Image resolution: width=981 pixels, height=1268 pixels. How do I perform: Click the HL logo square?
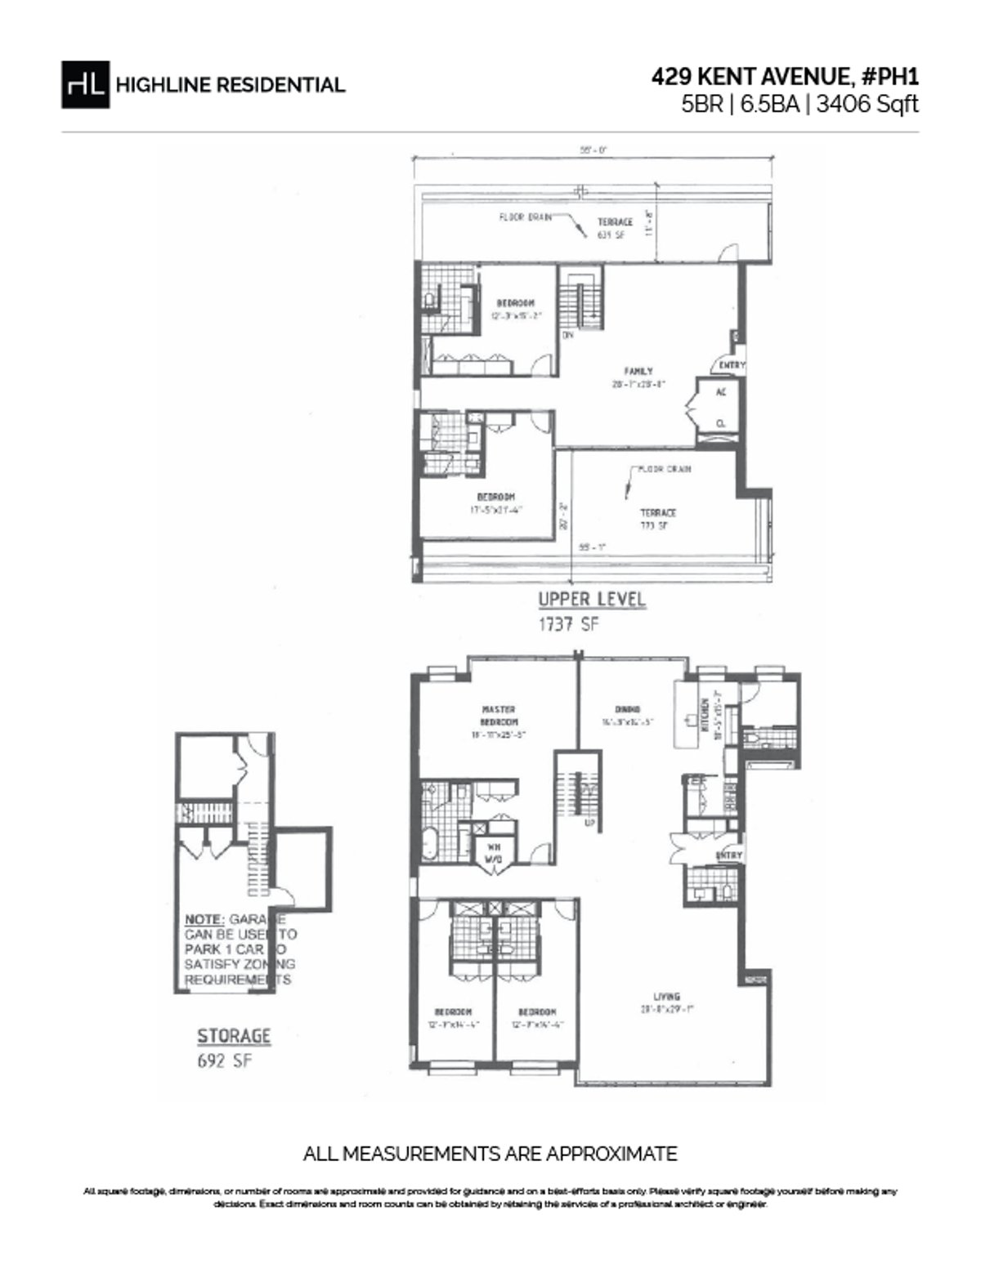85,84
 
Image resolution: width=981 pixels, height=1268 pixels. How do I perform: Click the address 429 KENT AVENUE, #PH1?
785,77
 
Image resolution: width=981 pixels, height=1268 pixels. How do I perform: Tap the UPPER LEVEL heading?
591,599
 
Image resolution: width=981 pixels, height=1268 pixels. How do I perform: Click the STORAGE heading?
233,1036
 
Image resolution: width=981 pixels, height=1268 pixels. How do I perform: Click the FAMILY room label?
638,372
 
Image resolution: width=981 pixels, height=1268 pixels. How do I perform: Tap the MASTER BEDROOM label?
498,716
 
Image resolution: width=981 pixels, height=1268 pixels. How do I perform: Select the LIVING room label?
666,996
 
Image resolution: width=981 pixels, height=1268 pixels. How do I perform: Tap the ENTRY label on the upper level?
732,365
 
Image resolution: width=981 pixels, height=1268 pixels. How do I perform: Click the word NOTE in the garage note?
204,918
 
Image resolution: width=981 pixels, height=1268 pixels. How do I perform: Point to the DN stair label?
567,335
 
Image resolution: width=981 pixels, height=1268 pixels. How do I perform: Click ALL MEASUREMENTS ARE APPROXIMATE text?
490,1154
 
